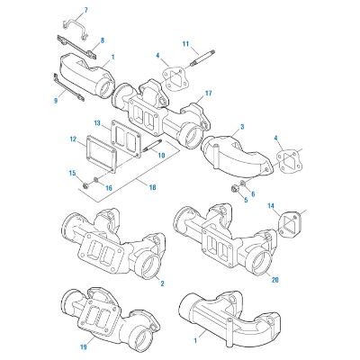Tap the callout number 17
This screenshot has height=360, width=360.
[x=208, y=94]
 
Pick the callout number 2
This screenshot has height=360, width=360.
[x=162, y=283]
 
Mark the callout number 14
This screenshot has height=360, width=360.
[x=270, y=206]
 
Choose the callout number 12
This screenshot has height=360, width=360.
[x=72, y=139]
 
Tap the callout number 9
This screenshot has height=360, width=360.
[x=56, y=100]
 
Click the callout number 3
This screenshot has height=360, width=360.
[x=242, y=129]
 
